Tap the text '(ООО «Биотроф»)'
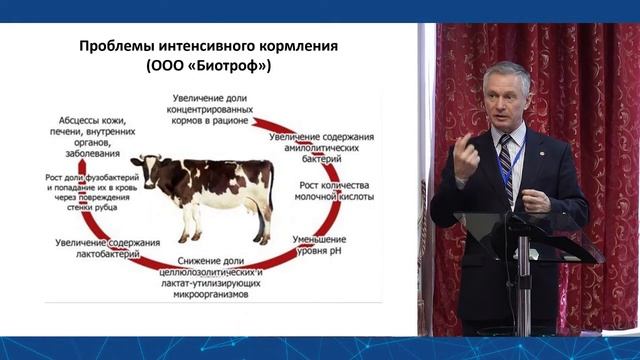pyautogui.click(x=209, y=67)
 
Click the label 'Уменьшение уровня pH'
pyautogui.click(x=320, y=246)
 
